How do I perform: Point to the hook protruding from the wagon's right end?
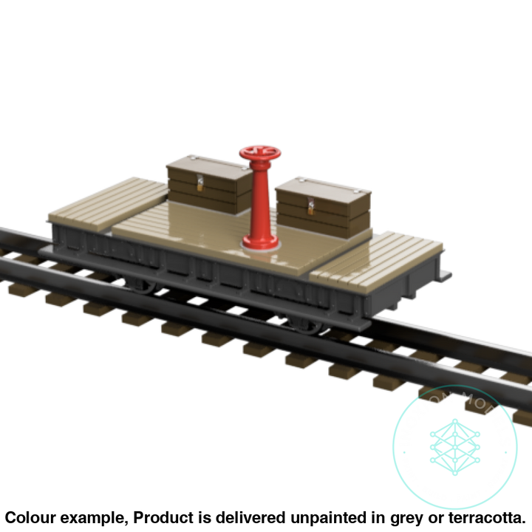pyautogui.click(x=445, y=277)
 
